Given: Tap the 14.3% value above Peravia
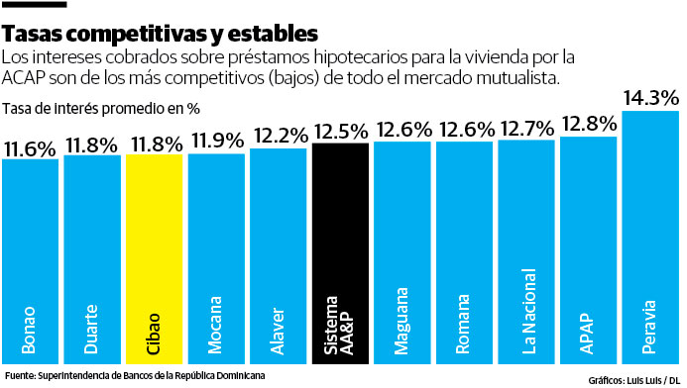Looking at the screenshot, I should pos(650,97).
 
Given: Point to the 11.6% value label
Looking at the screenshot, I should pos(30,148).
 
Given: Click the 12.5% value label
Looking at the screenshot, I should pos(340,131).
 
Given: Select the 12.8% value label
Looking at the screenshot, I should pos(588,124).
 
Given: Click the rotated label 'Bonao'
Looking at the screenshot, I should pos(30,332).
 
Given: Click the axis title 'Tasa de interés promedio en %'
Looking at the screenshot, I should pos(101,108).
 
